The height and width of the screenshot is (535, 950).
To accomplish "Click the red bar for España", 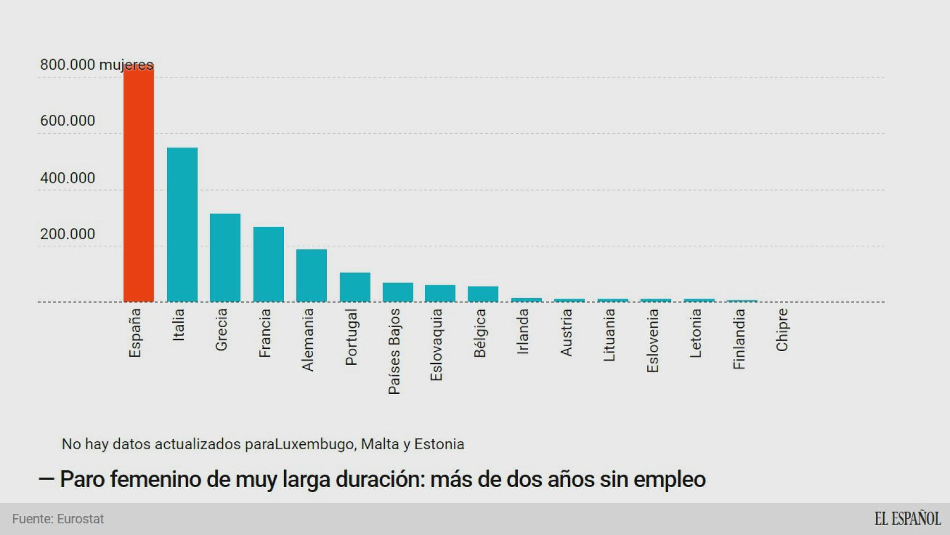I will click(139, 184).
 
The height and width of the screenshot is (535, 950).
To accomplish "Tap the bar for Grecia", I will click(225, 257).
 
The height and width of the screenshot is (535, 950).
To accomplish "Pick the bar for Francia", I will click(268, 264).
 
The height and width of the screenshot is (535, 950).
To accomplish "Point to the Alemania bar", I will click(311, 275).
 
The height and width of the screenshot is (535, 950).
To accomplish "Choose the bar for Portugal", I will click(355, 287).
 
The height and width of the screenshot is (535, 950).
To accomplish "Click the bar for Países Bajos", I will click(398, 293).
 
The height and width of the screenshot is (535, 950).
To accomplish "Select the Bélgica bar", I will click(483, 294).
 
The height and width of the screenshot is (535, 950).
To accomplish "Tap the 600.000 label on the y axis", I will click(67, 121).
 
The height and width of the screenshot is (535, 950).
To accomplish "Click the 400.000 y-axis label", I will click(67, 178).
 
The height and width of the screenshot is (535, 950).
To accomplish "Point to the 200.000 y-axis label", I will click(67, 234).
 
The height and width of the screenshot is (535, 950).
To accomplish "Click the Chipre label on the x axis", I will click(782, 330).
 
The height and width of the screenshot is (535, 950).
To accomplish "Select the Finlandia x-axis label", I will click(739, 339).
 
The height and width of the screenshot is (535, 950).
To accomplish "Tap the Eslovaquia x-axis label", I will click(436, 344).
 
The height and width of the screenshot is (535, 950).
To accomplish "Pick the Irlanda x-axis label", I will click(522, 332).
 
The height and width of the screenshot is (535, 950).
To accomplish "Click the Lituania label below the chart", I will click(609, 335).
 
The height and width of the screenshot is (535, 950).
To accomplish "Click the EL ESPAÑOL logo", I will click(907, 519).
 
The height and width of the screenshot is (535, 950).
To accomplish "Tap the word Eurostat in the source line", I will click(81, 519).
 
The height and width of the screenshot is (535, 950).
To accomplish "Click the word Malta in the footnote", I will click(379, 444).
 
